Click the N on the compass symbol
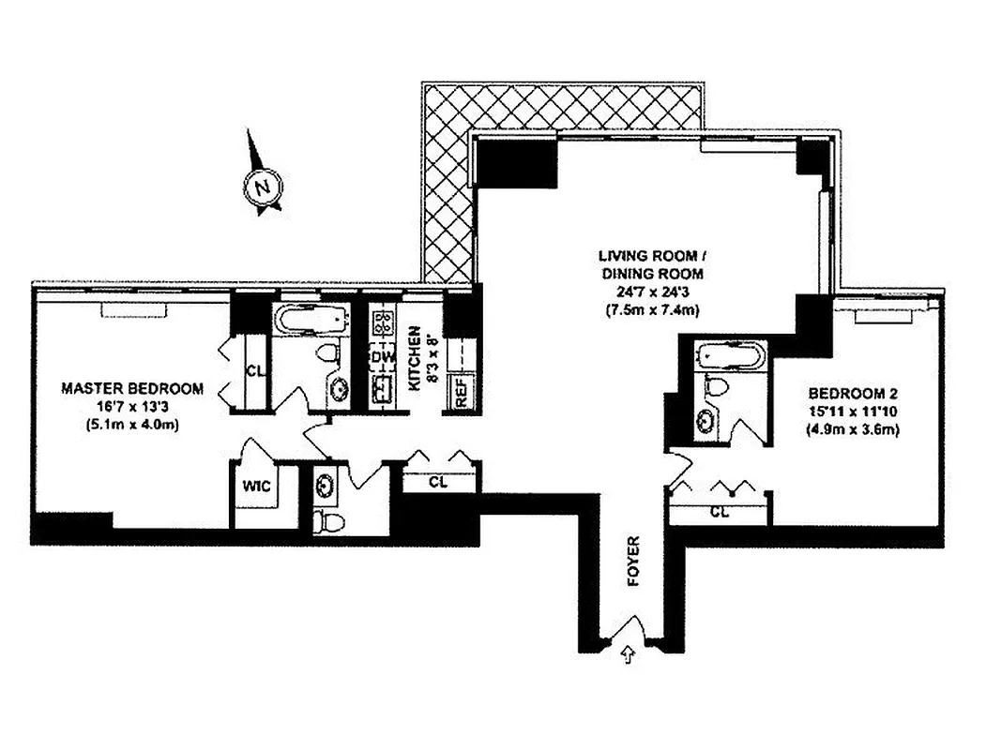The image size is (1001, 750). tap(264, 186)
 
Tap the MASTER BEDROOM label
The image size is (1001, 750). tap(132, 388)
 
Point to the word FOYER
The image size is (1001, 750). tap(633, 562)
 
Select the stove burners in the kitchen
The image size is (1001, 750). tap(383, 324)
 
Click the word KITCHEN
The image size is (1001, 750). tap(411, 356)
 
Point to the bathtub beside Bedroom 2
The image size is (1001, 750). tap(731, 357)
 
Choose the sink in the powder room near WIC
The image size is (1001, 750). tap(326, 486)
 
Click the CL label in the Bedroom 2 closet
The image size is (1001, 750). tap(720, 512)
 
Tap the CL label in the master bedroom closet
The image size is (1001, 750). tap(254, 370)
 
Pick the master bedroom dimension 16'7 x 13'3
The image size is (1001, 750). tap(132, 407)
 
